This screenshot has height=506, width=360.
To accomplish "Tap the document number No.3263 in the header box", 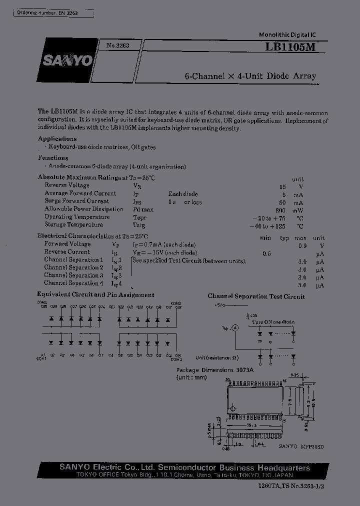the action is [x=117, y=45].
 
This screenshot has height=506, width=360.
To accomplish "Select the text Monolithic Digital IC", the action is [x=286, y=34].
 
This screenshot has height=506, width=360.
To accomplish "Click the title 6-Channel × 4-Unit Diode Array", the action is [x=250, y=76].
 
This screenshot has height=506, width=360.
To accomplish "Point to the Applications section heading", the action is [x=57, y=139].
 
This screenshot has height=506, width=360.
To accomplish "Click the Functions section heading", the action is [x=53, y=158].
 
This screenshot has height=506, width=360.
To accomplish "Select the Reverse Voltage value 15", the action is [x=283, y=186].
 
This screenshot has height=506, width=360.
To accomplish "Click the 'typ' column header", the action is [x=284, y=238].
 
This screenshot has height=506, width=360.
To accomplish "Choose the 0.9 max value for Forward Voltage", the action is [x=302, y=245].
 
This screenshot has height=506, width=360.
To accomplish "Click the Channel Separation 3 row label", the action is [x=73, y=275].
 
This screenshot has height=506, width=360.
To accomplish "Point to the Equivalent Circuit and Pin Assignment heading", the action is [x=95, y=295].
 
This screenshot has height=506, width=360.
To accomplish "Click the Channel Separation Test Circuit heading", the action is [x=256, y=296].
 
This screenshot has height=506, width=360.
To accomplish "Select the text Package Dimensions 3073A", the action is [x=215, y=370].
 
